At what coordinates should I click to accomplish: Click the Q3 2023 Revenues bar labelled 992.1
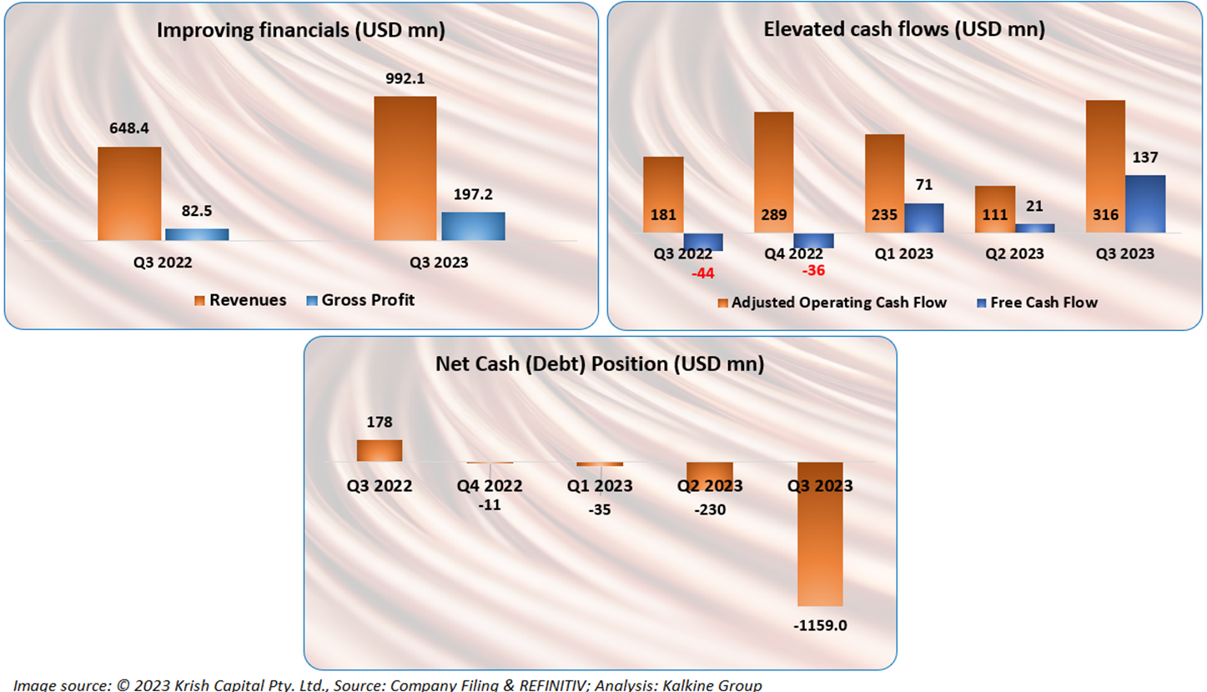(x=405, y=168)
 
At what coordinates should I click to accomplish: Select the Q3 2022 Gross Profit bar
(x=197, y=234)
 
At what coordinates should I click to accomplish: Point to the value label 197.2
(x=473, y=194)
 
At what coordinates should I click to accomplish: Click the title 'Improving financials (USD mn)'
(x=301, y=31)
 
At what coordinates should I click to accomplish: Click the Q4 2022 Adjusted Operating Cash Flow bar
(x=773, y=173)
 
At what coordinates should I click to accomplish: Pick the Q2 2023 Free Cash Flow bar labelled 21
(x=1035, y=228)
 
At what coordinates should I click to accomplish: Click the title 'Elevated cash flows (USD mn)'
(x=904, y=31)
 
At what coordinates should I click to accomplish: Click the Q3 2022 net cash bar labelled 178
(x=380, y=450)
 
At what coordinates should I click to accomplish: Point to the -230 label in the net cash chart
(x=709, y=510)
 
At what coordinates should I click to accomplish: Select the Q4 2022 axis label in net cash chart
(x=490, y=486)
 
